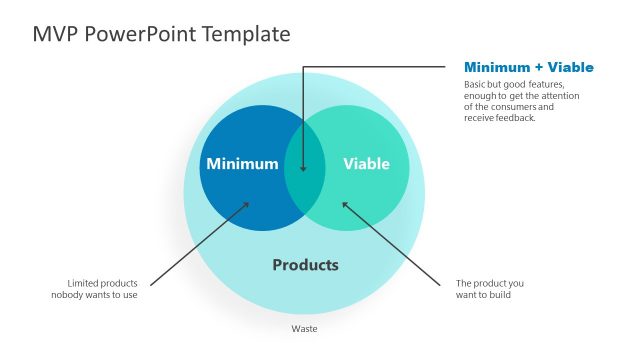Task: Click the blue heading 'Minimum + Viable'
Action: coord(528,67)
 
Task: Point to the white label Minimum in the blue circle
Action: coord(241,164)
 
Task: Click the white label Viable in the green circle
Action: coord(366,164)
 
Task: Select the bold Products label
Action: coord(305,265)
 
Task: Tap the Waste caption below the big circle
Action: coord(304,328)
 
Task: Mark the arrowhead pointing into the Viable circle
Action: coord(345,204)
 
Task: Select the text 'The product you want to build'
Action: coord(489,289)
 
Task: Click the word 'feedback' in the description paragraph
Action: coord(516,118)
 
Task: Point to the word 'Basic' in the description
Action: coord(476,85)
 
